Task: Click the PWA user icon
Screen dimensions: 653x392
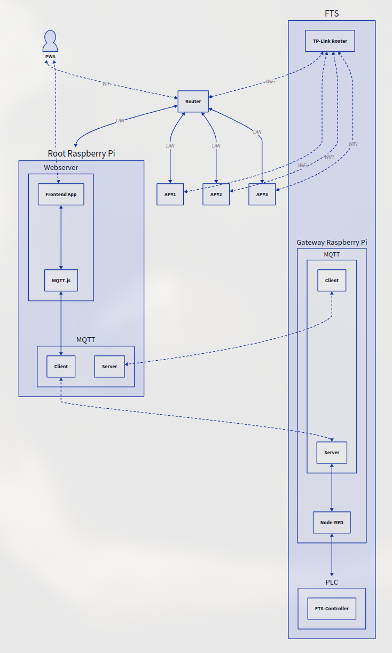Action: pyautogui.click(x=50, y=41)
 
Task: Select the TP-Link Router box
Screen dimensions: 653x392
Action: pyautogui.click(x=330, y=41)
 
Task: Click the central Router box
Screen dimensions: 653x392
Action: pyautogui.click(x=193, y=102)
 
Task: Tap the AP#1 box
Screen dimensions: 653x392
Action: pyautogui.click(x=170, y=195)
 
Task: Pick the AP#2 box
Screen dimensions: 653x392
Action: pyautogui.click(x=216, y=195)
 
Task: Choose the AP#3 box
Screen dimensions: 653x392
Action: pyautogui.click(x=262, y=195)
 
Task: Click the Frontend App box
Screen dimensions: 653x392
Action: pyautogui.click(x=61, y=195)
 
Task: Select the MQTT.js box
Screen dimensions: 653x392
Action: pyautogui.click(x=61, y=281)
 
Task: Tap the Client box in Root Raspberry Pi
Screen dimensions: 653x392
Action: pyautogui.click(x=61, y=367)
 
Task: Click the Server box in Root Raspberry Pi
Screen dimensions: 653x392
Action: pyautogui.click(x=109, y=367)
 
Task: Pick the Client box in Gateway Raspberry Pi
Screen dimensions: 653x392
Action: pyautogui.click(x=332, y=281)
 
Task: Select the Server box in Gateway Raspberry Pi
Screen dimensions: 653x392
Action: pyautogui.click(x=332, y=453)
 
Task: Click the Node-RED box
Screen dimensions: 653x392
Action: pyautogui.click(x=332, y=523)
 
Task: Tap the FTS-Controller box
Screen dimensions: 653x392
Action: pyautogui.click(x=332, y=609)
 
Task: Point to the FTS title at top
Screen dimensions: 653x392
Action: pyautogui.click(x=332, y=14)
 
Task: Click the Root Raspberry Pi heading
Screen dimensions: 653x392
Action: pyautogui.click(x=81, y=154)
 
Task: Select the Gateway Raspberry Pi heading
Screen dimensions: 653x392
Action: pyautogui.click(x=332, y=243)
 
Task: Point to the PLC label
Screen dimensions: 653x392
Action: pyautogui.click(x=332, y=582)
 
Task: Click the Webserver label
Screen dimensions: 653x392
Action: pyautogui.click(x=61, y=168)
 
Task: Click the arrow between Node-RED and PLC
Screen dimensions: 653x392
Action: pyautogui.click(x=332, y=555)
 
